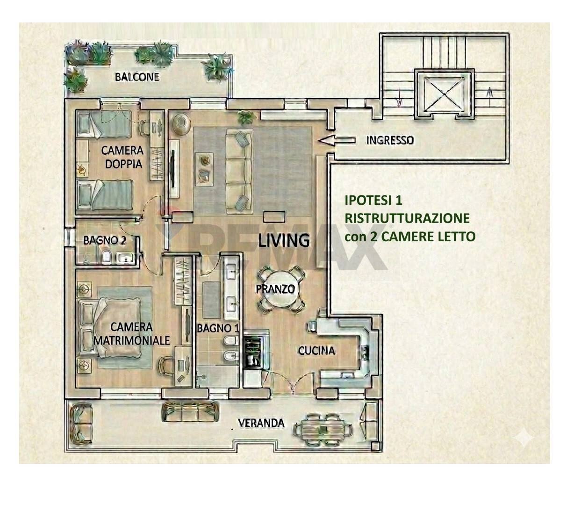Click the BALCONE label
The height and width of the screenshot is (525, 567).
137,77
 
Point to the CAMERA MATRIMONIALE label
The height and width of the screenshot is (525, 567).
132,333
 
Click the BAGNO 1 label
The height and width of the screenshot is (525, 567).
217,328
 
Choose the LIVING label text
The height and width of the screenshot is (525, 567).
284,240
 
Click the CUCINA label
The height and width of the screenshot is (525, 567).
316,350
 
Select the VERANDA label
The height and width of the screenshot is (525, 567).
261,423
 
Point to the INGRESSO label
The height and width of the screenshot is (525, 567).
389,140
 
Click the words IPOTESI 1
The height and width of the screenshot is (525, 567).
373,200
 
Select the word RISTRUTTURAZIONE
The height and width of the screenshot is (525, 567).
407,218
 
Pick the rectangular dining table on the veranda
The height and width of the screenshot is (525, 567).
324,427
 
